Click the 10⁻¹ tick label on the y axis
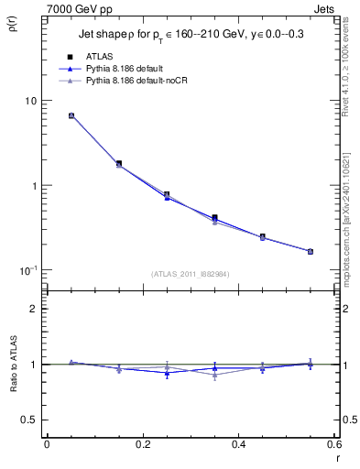29,270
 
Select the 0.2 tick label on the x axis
142,444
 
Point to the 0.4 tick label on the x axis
238,444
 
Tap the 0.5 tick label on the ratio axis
30,420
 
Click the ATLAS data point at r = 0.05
71,116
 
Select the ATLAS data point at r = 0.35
214,218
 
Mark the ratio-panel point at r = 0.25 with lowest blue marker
167,373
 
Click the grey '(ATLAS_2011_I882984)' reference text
191,275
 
